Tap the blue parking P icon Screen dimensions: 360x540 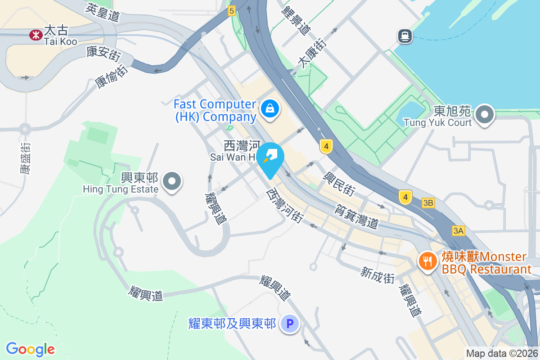click(x=290, y=323)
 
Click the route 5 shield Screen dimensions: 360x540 click(x=231, y=11)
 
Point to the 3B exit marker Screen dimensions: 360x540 click(x=428, y=203)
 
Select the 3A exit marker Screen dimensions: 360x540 click(x=458, y=231)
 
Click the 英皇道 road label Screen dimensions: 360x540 click(x=103, y=13)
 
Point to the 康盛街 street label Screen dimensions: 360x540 click(x=26, y=158)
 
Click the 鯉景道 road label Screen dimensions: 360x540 click(x=296, y=20)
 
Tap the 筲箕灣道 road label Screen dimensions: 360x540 click(x=355, y=216)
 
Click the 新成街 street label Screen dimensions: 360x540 click(x=378, y=274)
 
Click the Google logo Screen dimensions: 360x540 click(x=31, y=349)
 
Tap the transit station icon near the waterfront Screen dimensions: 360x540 click(x=405, y=36)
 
